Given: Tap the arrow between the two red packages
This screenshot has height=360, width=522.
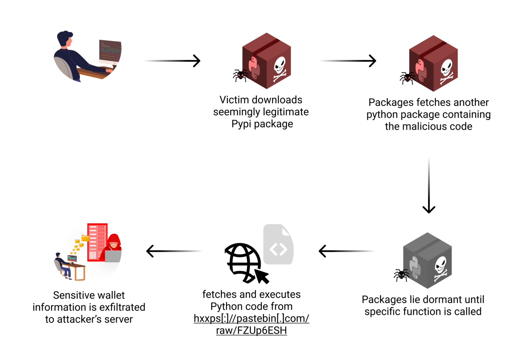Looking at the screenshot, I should (x=348, y=61).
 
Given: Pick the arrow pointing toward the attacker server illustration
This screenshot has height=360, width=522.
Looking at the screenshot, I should (x=174, y=251).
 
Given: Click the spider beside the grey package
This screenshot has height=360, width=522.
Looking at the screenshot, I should (x=401, y=275).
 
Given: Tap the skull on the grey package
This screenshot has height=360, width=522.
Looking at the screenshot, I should (x=440, y=268).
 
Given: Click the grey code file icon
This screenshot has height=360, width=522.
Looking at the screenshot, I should (x=278, y=244).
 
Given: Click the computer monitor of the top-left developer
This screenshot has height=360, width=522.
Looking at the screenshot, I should (x=110, y=52).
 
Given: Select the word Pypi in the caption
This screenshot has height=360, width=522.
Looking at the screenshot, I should (x=241, y=124).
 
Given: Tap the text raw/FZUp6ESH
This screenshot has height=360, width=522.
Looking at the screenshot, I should (x=251, y=330).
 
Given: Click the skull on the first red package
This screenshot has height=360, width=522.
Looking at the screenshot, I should (x=279, y=68).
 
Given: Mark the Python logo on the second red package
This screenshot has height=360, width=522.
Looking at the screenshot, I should (x=420, y=70).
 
